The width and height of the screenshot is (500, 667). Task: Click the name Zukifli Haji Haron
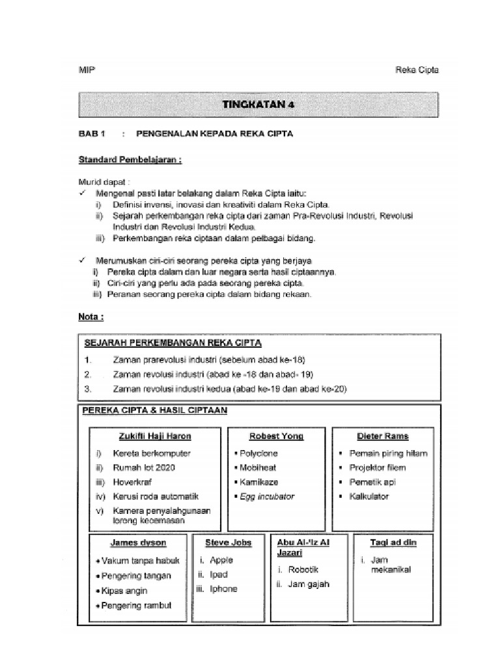[155, 436]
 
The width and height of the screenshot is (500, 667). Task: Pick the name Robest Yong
[276, 436]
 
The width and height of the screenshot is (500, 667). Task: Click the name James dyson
[138, 542]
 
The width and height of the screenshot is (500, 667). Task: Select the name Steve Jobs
[228, 542]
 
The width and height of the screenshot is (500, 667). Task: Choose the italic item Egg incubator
[267, 496]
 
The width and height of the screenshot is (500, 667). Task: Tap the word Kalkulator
[369, 496]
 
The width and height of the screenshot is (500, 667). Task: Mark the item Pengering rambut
[137, 606]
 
